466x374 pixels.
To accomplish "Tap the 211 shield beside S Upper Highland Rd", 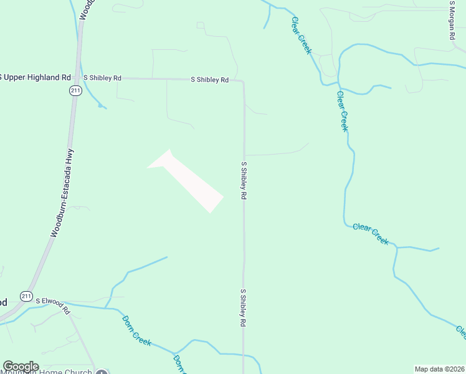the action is pos(74,91).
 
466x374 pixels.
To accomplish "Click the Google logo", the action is pos(21,367).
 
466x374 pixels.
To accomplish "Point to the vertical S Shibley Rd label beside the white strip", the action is pos(244,181).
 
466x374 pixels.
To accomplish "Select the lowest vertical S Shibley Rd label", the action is pos(244,308).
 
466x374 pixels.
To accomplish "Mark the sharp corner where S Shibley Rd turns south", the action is pos(242,81).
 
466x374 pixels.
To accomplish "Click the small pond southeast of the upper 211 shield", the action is pos(100,105).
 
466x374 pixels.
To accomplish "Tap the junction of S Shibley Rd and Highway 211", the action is pos(78,78).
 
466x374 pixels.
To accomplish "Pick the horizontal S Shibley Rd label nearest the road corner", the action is pos(209,80).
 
